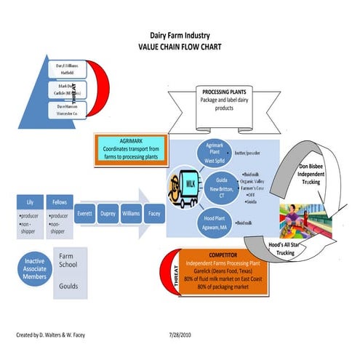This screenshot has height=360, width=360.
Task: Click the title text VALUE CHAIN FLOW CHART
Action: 180,46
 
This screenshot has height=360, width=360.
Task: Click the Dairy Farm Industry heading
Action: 180,34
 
